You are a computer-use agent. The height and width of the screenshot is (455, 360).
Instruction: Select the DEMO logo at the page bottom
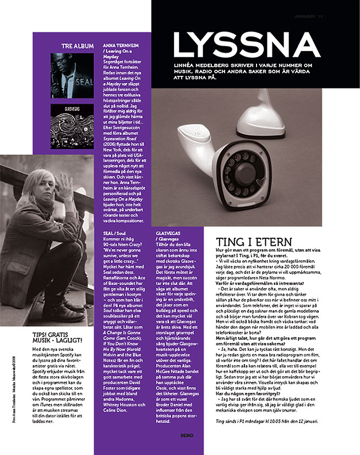(x=187, y=435)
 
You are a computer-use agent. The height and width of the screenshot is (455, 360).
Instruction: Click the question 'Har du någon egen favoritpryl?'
(x=243, y=394)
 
